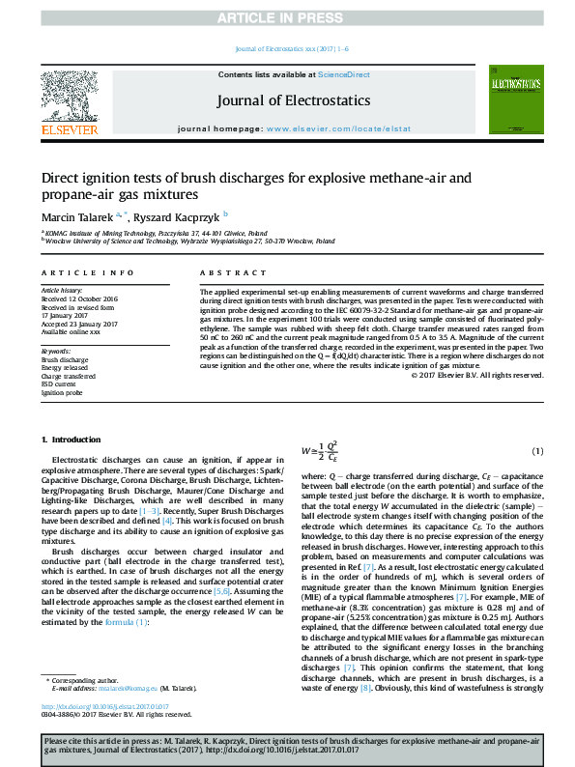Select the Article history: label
tap(63, 290)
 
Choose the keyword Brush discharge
tap(65, 359)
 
